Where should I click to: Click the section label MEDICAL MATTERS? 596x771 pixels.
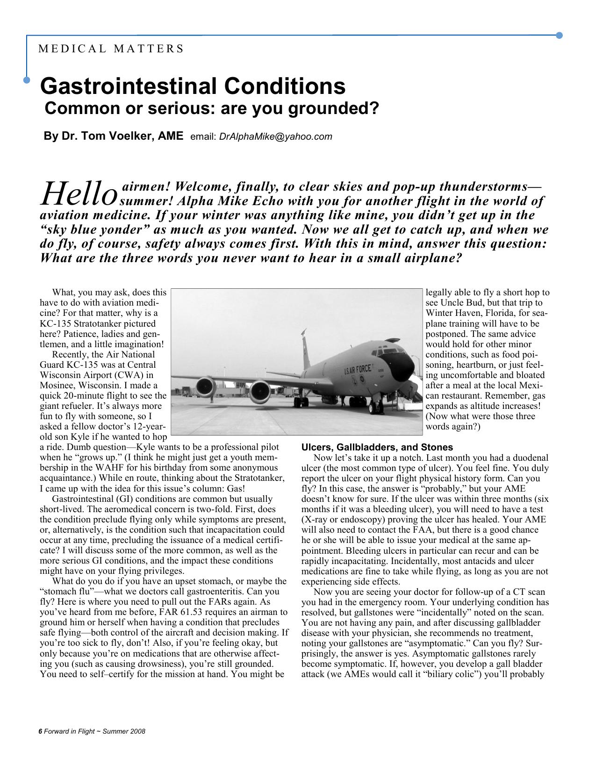tap(111, 49)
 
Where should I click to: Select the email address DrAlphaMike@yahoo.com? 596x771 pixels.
tap(275, 136)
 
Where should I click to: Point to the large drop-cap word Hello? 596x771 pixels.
tap(79, 193)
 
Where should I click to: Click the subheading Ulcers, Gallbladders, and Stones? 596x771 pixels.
tap(377, 447)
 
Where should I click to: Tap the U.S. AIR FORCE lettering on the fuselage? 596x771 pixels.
tap(357, 370)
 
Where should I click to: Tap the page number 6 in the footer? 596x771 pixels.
tap(40, 731)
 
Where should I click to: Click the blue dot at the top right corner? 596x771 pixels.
tap(559, 36)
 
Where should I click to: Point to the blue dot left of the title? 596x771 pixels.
tap(27, 80)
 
